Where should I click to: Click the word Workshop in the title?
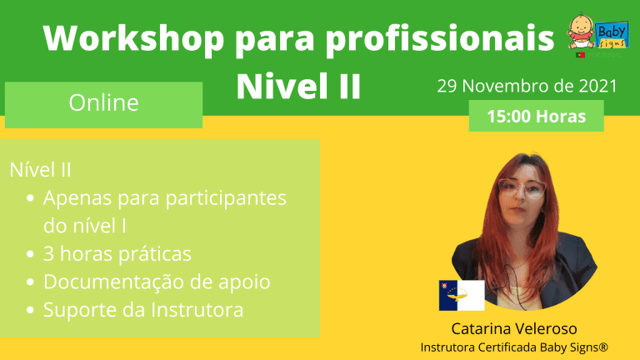point(133,39)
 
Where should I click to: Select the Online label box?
point(103,105)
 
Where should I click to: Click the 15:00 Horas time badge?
point(537,116)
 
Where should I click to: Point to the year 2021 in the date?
point(598,86)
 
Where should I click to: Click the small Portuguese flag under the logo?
point(580,55)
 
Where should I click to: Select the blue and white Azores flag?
point(462,296)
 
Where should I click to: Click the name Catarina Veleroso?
point(514,328)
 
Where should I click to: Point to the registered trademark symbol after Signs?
point(603,347)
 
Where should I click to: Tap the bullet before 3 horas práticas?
point(30,254)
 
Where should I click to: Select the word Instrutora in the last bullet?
point(197,310)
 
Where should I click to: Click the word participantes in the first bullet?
point(226,199)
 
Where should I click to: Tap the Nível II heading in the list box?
point(40,170)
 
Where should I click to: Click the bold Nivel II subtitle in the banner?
point(298,86)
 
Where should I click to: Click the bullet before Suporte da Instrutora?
point(30,310)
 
